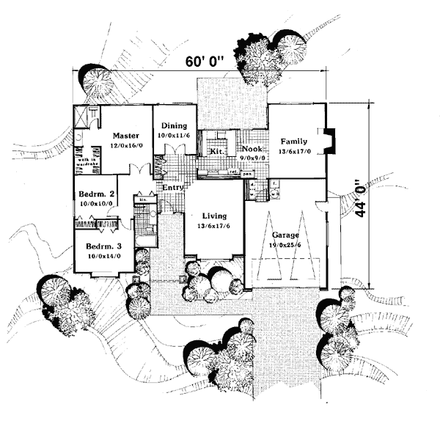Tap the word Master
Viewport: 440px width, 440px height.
click(x=126, y=136)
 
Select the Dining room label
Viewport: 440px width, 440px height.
click(x=174, y=126)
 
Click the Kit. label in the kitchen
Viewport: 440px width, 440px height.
click(x=216, y=151)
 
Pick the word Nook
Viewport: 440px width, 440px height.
click(x=252, y=149)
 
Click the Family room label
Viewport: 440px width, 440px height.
click(x=293, y=141)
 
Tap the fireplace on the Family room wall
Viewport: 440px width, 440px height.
click(x=330, y=140)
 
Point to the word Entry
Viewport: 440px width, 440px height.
click(x=172, y=188)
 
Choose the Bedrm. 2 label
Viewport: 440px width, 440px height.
click(x=95, y=194)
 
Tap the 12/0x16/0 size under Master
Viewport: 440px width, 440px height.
click(x=126, y=146)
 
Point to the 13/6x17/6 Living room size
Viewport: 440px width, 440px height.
click(x=213, y=227)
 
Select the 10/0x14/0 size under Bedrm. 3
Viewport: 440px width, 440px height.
click(x=103, y=257)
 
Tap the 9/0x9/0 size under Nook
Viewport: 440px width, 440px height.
click(x=252, y=158)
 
